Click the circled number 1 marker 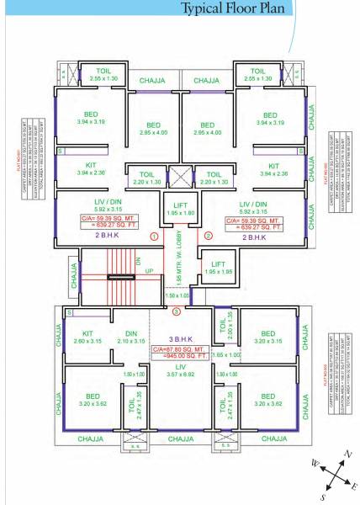tap(154, 237)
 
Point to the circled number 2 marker tap(208, 237)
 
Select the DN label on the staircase tap(138, 261)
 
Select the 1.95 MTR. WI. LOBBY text tap(181, 263)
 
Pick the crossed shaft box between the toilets tap(180, 178)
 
